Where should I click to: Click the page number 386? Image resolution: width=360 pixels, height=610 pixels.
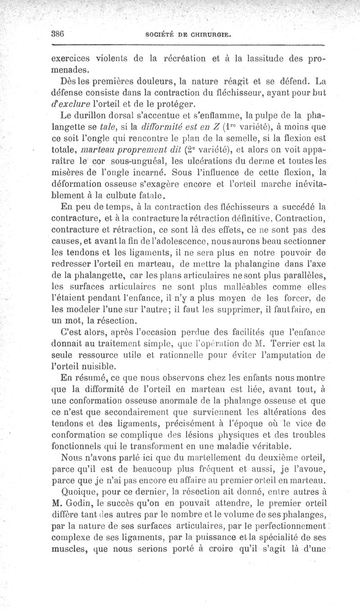pos(58,33)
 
